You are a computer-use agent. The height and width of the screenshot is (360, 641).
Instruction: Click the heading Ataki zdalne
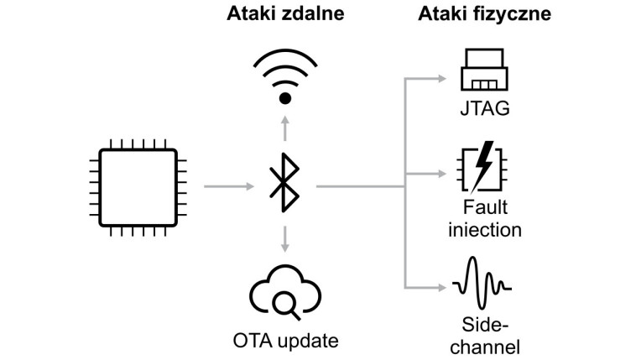[x=285, y=16]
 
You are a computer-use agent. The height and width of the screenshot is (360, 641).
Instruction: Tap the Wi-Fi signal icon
[x=285, y=76]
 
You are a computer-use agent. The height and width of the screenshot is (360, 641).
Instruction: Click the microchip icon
[x=138, y=185]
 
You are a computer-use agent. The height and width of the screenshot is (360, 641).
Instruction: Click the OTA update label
[x=285, y=340]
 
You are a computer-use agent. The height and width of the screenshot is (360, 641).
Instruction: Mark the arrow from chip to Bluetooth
[x=230, y=185]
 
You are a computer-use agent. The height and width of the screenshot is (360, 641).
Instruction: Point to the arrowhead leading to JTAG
[x=442, y=79]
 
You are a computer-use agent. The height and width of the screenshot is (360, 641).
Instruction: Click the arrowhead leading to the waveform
[x=442, y=286]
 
